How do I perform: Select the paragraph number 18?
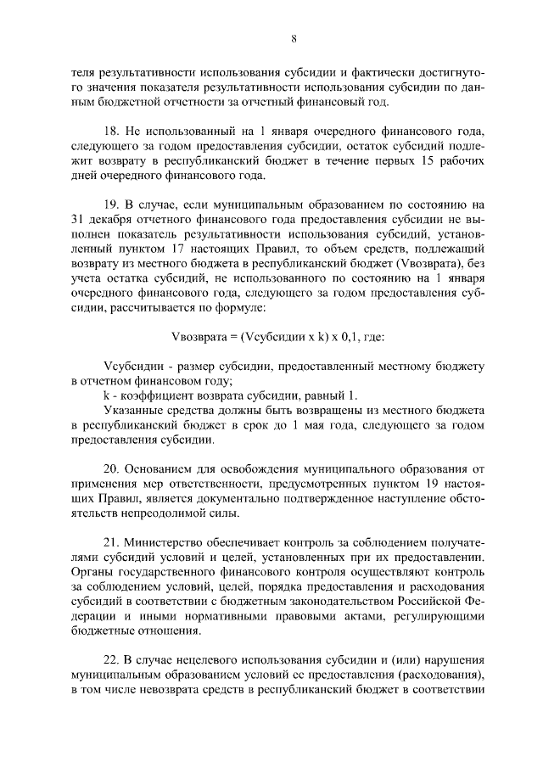(109, 132)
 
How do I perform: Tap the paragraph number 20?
(109, 469)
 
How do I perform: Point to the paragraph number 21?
(109, 543)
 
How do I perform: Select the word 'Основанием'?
(160, 469)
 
